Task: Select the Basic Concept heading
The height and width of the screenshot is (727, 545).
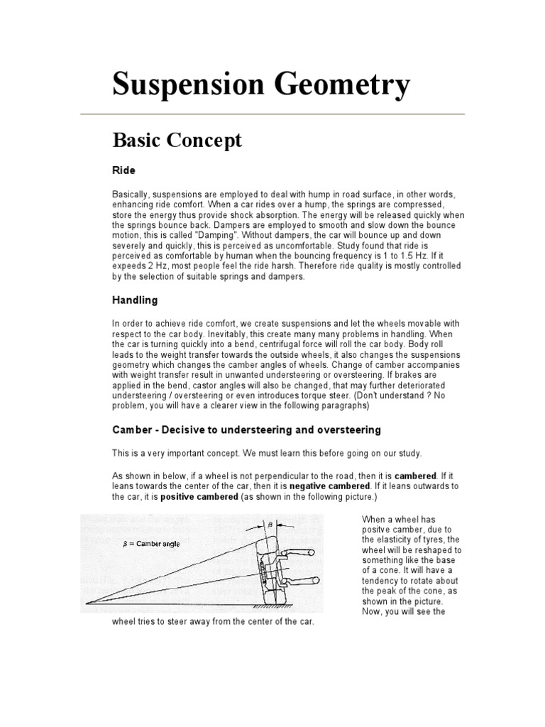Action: coord(177,141)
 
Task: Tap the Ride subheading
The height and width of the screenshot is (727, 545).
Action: coord(123,171)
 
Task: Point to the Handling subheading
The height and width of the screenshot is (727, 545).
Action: coord(135,300)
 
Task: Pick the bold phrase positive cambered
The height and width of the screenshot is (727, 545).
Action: coord(199,497)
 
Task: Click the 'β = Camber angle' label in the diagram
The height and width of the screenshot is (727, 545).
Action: coord(151,544)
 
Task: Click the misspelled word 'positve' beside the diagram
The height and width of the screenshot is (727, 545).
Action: coord(378,529)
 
